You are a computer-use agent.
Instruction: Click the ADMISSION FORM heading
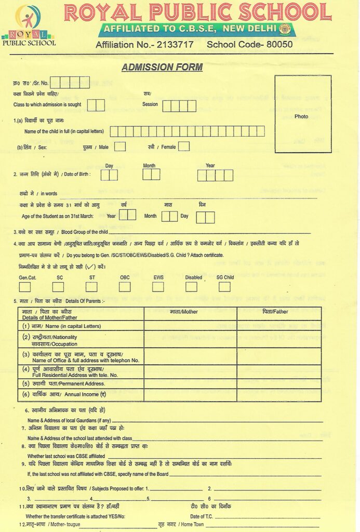(162, 67)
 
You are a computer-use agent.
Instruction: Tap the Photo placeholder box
(302, 114)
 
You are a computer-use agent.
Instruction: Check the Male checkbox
(120, 147)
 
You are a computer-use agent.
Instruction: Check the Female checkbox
(184, 147)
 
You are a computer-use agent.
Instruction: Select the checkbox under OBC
(125, 287)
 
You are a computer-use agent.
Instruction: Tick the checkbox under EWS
(158, 287)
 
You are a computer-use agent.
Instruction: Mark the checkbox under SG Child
(224, 287)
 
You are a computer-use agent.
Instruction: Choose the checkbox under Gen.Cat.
(24, 287)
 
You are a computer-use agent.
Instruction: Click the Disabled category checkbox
(191, 287)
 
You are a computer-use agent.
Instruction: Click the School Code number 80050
(279, 45)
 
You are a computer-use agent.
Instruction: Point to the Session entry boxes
(179, 106)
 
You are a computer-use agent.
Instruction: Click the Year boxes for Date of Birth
(215, 175)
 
